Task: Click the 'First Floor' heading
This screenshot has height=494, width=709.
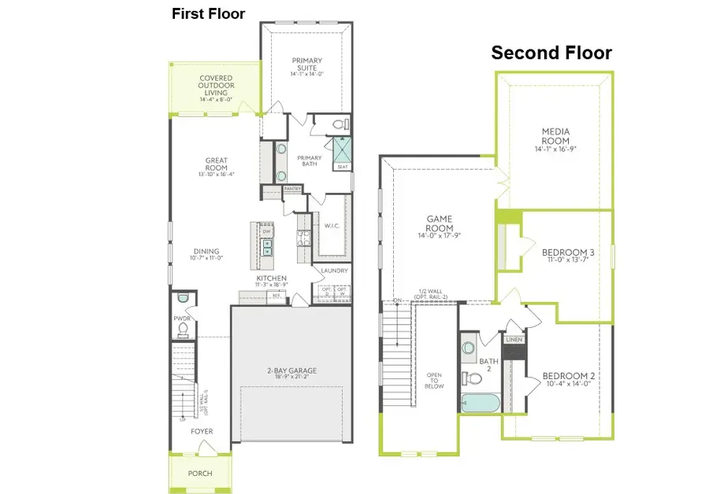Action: pyautogui.click(x=208, y=13)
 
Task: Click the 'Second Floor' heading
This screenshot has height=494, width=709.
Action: pyautogui.click(x=551, y=53)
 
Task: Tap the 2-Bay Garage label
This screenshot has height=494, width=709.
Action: pyautogui.click(x=287, y=372)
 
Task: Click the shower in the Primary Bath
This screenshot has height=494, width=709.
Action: pyautogui.click(x=343, y=149)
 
